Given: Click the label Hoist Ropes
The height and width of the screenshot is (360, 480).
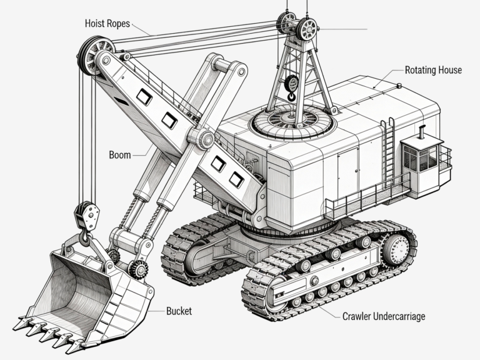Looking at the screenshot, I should coord(107,24).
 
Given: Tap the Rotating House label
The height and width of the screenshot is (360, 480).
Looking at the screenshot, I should coord(433,70).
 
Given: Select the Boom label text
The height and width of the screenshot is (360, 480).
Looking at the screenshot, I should coord(120,154).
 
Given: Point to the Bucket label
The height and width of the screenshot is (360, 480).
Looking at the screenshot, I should coord(179,311).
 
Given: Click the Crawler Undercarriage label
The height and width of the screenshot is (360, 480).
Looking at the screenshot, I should coord(384,316).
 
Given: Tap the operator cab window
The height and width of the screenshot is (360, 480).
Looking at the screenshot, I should coord(418,157).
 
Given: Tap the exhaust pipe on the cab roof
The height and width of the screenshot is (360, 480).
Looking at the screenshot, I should coord(422,133).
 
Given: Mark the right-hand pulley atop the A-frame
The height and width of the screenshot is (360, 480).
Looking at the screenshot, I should coord(307,29).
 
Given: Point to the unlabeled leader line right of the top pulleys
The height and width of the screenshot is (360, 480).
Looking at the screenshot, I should coord(344,29).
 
